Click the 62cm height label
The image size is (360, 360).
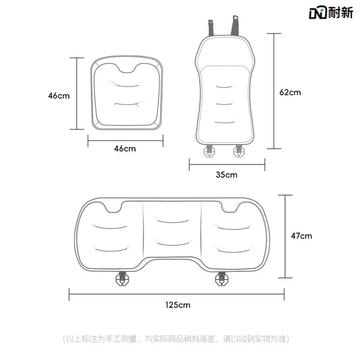click(x=290, y=92)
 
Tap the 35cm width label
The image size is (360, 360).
click(x=226, y=175)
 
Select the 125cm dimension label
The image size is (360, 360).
click(x=178, y=305)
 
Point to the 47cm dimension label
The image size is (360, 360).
click(x=301, y=236)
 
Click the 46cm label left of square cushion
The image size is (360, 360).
click(x=59, y=96)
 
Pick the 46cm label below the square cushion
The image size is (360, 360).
click(x=125, y=149)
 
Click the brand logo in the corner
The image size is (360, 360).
click(x=331, y=13)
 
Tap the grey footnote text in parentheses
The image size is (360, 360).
click(x=176, y=339)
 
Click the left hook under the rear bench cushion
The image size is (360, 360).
click(x=122, y=279)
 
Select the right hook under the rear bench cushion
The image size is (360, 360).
click(x=221, y=279)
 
